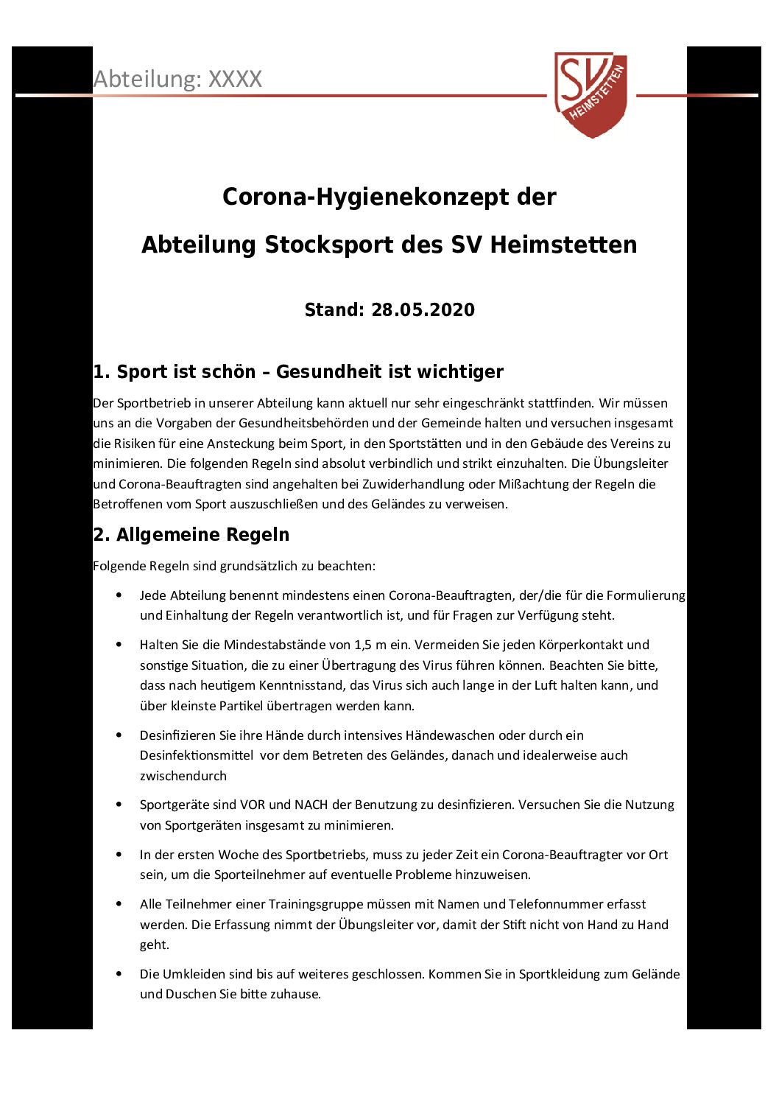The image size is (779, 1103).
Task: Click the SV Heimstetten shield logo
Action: coord(591,94)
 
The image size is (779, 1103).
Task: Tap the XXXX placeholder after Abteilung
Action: coord(235,79)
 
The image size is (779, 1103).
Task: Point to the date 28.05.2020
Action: coord(423,309)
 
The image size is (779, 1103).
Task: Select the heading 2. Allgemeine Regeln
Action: coord(191,535)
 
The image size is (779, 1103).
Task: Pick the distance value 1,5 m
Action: coord(370,645)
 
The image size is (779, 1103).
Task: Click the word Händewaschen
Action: coord(450,735)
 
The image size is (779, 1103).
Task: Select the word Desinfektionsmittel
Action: coord(197,755)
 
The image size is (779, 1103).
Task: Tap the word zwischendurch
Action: coord(183,776)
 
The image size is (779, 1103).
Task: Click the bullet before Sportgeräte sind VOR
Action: coord(119,805)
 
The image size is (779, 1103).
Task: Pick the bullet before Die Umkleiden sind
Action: coord(119,974)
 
